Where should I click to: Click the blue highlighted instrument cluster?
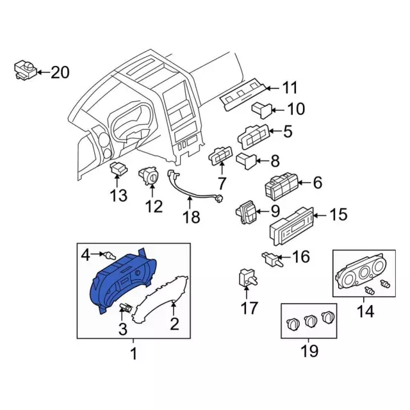tap(122, 282)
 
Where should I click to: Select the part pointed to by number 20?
tap(24, 70)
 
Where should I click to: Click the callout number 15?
tap(339, 215)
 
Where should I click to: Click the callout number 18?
tap(190, 218)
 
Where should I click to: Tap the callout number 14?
tap(365, 312)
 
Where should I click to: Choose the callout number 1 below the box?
tap(133, 353)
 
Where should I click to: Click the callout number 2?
tap(174, 324)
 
